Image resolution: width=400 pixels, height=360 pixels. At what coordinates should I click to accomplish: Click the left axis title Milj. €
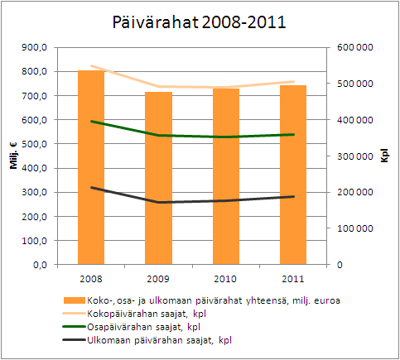pos(14,156)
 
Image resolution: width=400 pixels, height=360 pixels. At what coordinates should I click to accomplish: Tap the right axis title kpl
pos(385,156)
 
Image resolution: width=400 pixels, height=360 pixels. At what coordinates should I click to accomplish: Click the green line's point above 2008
pos(90,122)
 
